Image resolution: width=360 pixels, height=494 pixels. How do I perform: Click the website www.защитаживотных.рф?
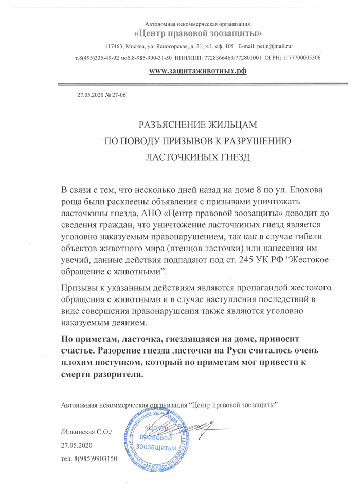(x=197, y=70)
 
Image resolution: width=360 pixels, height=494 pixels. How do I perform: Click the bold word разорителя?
(x=115, y=375)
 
